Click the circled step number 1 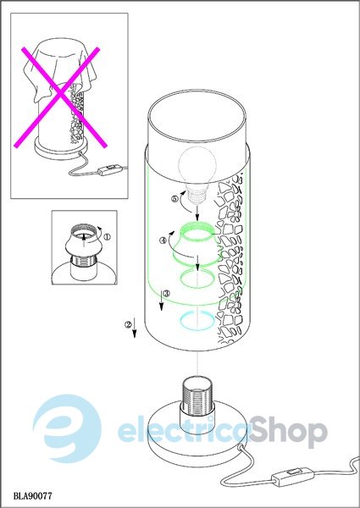pyautogui.click(x=107, y=237)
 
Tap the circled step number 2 pyautogui.click(x=128, y=324)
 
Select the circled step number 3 pyautogui.click(x=166, y=294)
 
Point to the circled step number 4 pyautogui.click(x=163, y=240)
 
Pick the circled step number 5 pyautogui.click(x=175, y=199)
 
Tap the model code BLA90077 pyautogui.click(x=32, y=495)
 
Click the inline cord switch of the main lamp pyautogui.click(x=293, y=476)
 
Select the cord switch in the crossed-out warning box pyautogui.click(x=110, y=169)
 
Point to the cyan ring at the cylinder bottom pyautogui.click(x=197, y=321)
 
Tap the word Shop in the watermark pyautogui.click(x=288, y=431)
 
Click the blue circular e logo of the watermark pyautogui.click(x=67, y=428)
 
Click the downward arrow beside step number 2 pyautogui.click(x=135, y=329)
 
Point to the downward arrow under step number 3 pyautogui.click(x=162, y=300)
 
